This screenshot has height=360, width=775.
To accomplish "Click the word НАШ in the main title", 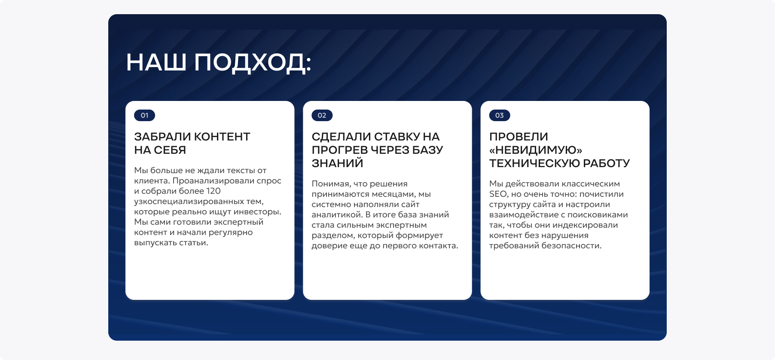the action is click(x=156, y=63).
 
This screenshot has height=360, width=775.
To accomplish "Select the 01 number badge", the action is click(x=144, y=115).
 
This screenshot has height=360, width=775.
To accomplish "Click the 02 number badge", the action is click(x=322, y=115).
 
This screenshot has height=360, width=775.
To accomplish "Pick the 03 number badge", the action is click(x=499, y=115).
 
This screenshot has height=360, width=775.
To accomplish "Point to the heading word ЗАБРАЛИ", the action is click(x=163, y=137).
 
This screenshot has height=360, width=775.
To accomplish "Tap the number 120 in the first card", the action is click(x=213, y=191).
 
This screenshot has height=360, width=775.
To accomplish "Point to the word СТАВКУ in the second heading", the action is click(x=397, y=137).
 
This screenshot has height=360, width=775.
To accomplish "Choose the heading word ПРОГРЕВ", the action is click(x=340, y=150).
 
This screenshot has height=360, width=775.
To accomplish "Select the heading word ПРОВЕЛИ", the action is click(x=519, y=137).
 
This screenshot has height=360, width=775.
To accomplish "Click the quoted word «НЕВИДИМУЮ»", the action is click(x=536, y=150).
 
